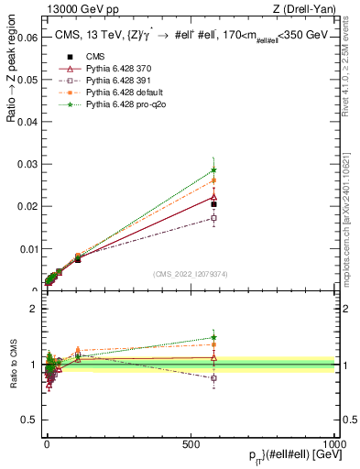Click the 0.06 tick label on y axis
pyautogui.click(x=24, y=38)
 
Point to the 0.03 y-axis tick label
pyautogui.click(x=24, y=164)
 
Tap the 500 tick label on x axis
pyautogui.click(x=190, y=444)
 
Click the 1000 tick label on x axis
pyautogui.click(x=333, y=444)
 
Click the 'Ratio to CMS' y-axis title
pyautogui.click(x=13, y=365)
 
